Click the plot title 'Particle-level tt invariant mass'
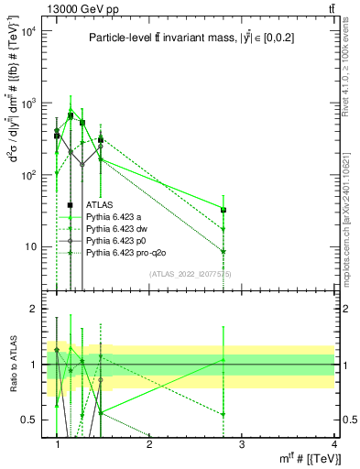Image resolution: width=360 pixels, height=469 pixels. tap(183, 38)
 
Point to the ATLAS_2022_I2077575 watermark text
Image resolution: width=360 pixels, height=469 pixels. tap(191, 274)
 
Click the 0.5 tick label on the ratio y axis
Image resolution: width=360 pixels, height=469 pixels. tap(27, 420)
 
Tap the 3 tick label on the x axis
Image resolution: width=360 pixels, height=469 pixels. tap(241, 444)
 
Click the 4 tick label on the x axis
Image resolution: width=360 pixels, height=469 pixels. tap(333, 444)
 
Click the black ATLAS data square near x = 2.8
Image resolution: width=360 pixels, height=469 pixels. tap(224, 210)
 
